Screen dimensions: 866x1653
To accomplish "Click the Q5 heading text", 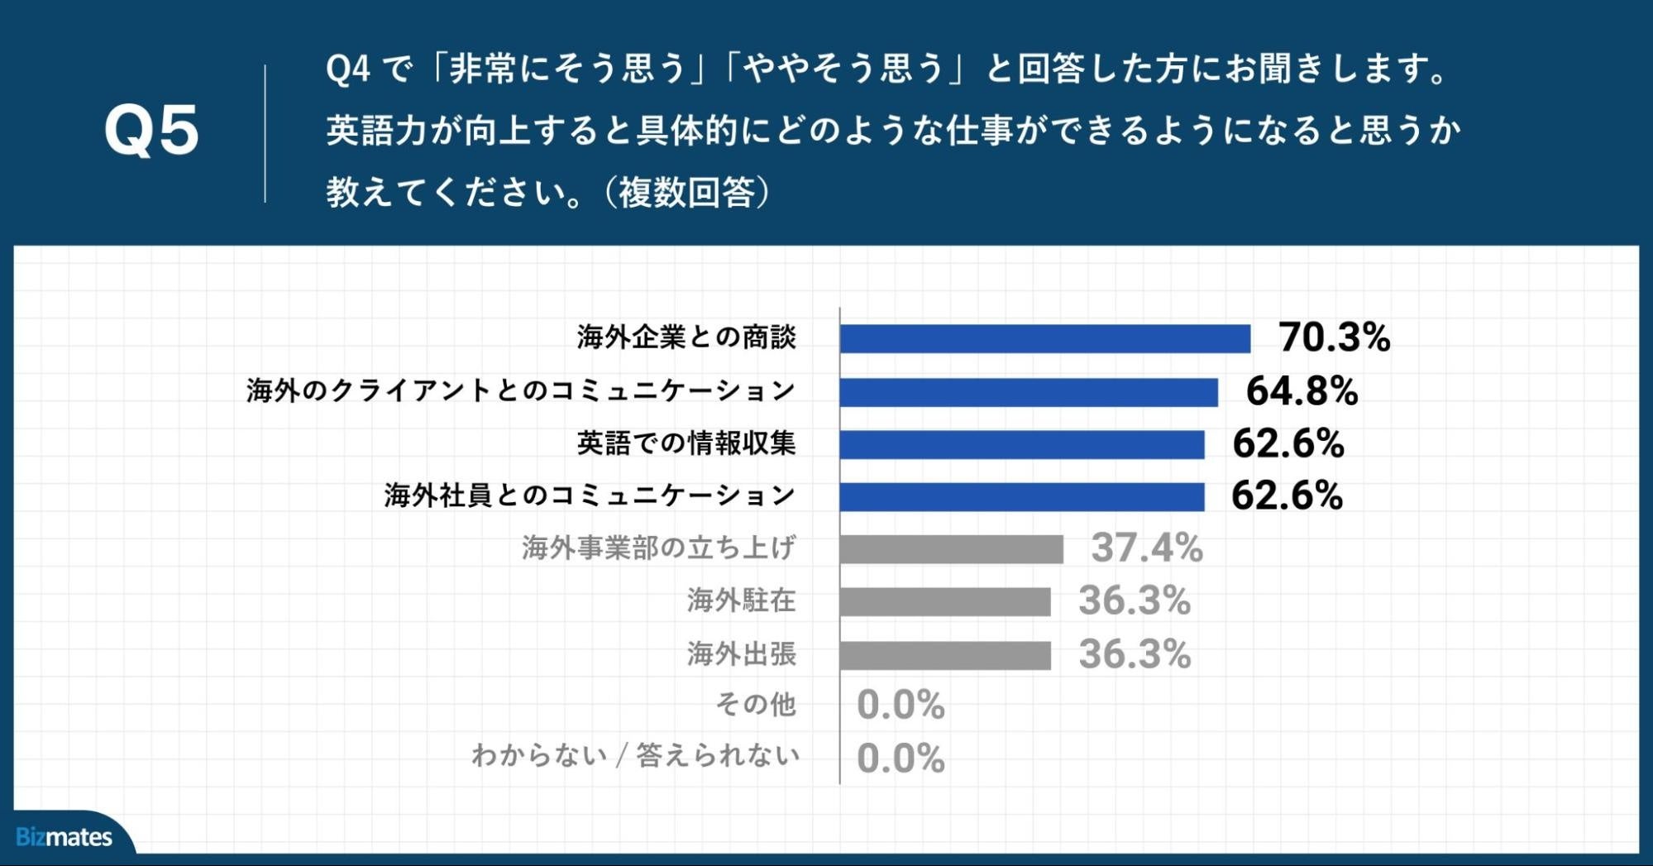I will [x=151, y=131].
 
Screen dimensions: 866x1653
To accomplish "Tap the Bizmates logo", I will [x=64, y=837].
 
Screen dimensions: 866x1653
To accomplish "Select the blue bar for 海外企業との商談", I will [x=1044, y=339].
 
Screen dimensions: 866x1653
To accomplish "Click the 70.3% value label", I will [x=1334, y=337].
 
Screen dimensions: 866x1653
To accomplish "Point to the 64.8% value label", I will [x=1302, y=391].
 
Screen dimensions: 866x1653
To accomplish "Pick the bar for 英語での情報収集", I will [x=1022, y=444].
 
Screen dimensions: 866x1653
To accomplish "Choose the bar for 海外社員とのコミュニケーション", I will [x=1022, y=497].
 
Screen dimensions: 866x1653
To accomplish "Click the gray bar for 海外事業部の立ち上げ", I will [x=951, y=549].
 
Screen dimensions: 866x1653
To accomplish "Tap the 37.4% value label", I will [x=1146, y=548].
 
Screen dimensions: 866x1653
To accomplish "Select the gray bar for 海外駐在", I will [x=945, y=602].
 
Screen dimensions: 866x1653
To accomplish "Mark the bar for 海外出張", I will [x=945, y=655].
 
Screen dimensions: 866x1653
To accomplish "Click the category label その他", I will [x=756, y=705].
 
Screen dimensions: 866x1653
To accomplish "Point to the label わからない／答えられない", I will [x=635, y=756].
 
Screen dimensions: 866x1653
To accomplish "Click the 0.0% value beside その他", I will [x=901, y=706].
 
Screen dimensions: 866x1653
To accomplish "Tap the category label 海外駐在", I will [x=741, y=600].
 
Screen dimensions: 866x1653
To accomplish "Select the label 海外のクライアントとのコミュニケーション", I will [x=521, y=390].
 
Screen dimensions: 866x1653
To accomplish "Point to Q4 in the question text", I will [x=347, y=69].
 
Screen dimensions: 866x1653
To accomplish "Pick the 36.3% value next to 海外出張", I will [x=1135, y=654].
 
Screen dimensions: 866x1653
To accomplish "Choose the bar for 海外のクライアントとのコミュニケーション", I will [x=1029, y=392].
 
